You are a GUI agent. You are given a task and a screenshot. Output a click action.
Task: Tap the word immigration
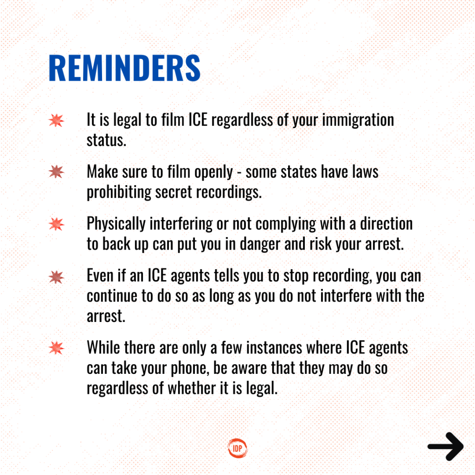(358, 121)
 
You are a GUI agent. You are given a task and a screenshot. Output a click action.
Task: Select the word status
(106, 140)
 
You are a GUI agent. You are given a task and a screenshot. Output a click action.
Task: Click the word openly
(213, 173)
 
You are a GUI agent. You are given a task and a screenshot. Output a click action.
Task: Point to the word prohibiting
(119, 193)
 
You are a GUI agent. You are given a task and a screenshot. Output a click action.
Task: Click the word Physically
(116, 225)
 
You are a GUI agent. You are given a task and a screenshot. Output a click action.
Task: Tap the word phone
(190, 369)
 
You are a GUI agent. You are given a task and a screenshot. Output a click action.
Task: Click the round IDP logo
(237, 448)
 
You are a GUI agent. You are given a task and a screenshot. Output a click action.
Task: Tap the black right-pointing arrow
(446, 446)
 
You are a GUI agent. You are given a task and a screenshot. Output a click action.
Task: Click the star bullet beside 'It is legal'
(56, 120)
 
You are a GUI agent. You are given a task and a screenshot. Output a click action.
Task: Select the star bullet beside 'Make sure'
(56, 172)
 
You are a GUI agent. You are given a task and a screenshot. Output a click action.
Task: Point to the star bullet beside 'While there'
(56, 348)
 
